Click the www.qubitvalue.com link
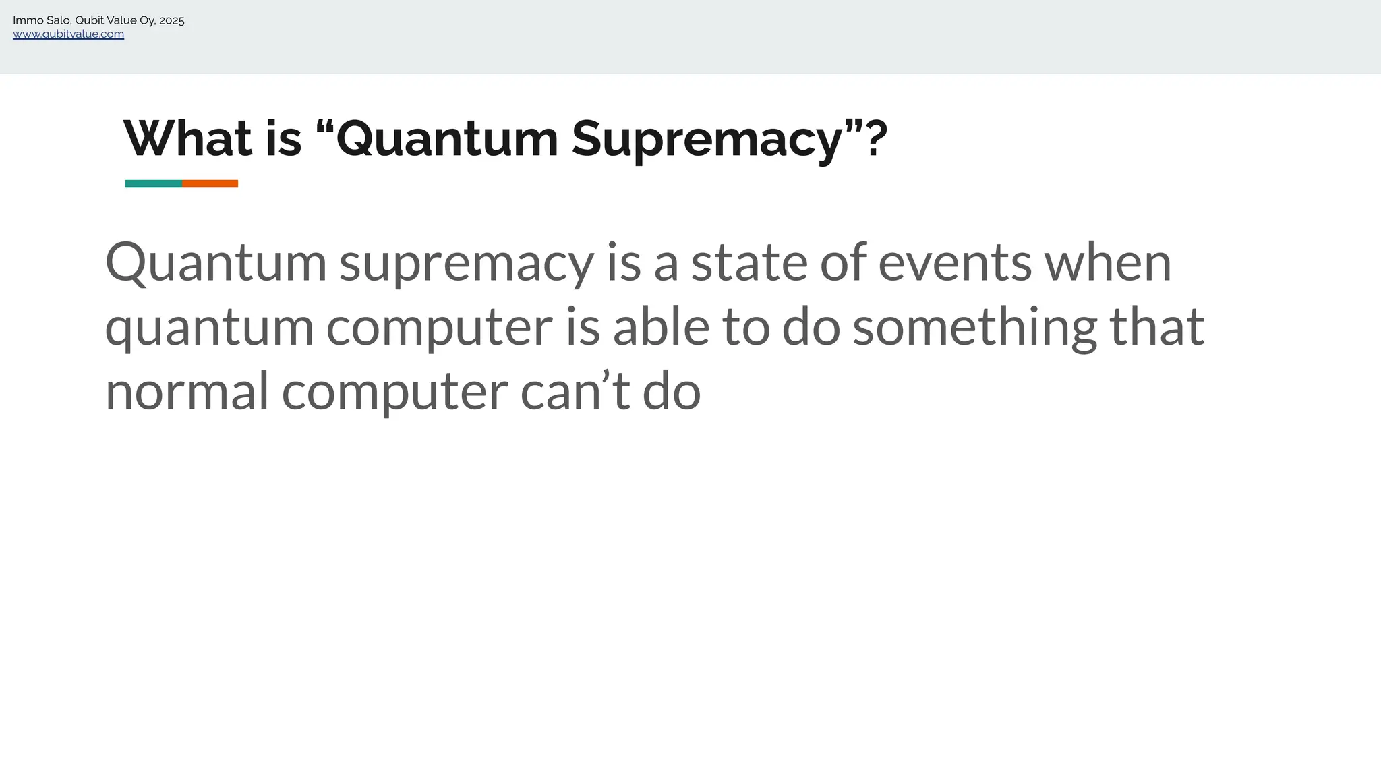68,34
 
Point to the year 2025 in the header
172,21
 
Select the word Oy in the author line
147,21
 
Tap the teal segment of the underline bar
154,183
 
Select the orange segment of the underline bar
210,183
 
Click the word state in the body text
749,263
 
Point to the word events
954,263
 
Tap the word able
661,327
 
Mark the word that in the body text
1156,327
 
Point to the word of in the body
843,263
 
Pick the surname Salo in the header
58,21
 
